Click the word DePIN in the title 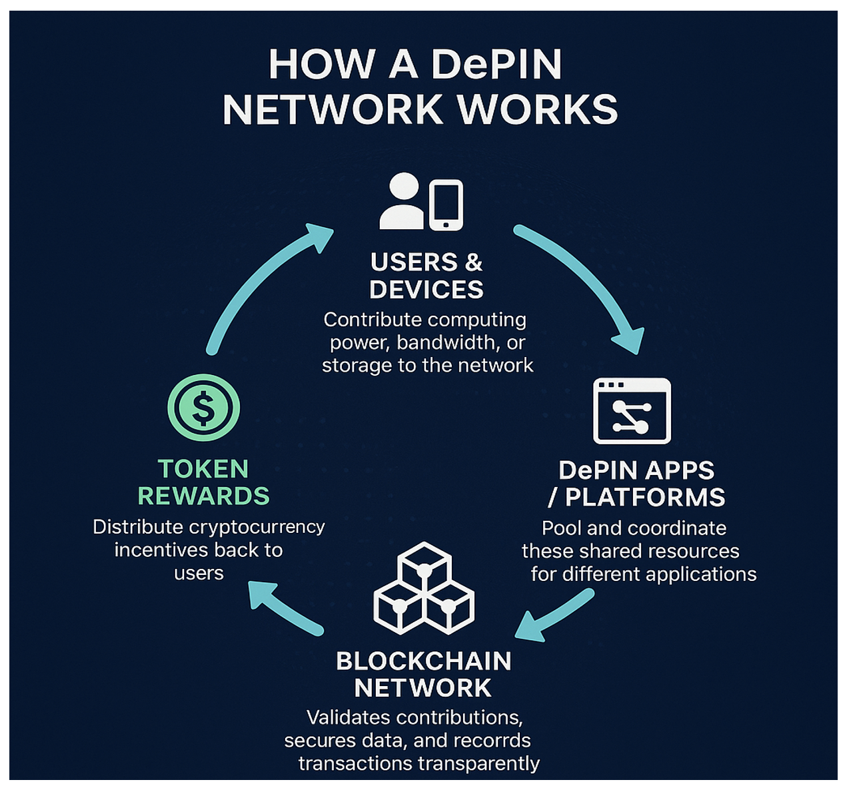pos(496,65)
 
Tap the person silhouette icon pos(402,201)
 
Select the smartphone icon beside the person pos(446,205)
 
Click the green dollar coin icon pos(203,408)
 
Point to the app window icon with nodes pos(632,411)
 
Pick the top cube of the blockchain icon pos(424,566)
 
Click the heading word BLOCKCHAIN pos(424,661)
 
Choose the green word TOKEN pos(203,469)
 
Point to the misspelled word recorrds pos(492,741)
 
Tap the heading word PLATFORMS pos(644,498)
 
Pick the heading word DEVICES pos(426,290)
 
